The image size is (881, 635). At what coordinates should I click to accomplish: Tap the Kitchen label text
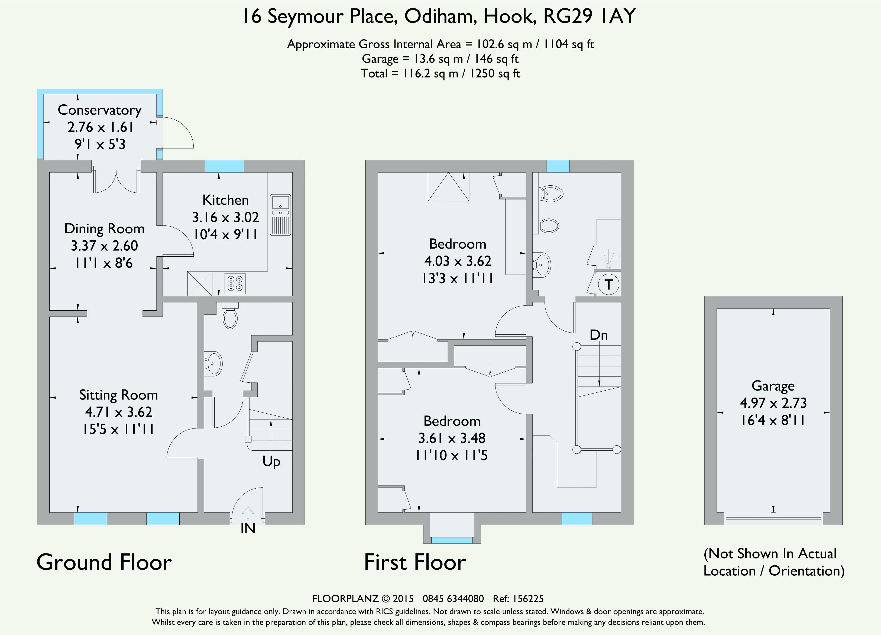[225, 200]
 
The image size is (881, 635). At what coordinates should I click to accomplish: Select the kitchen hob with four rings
[235, 283]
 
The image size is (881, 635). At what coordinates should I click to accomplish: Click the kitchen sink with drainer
[280, 215]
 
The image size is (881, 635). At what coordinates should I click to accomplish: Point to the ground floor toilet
[230, 315]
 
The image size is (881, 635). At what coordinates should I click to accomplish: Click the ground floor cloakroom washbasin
[213, 364]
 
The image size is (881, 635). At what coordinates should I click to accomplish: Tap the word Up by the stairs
[271, 462]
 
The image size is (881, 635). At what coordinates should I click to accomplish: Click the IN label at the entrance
[248, 528]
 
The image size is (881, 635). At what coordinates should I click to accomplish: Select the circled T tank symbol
[608, 285]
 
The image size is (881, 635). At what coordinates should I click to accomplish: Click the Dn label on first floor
[599, 335]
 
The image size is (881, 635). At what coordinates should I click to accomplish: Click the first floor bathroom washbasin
[542, 265]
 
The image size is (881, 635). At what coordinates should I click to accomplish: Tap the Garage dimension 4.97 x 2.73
[773, 403]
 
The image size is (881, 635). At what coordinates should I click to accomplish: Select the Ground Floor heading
[104, 562]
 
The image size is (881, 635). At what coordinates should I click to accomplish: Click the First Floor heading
[415, 562]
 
